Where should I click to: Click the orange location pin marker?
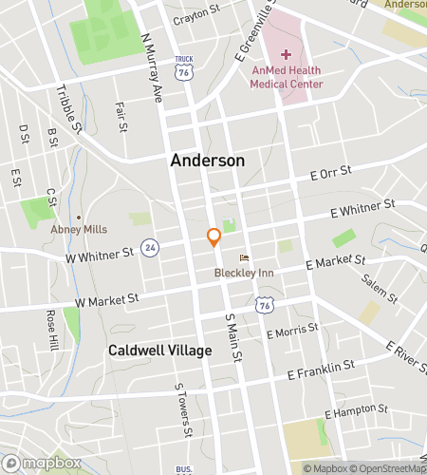click(214, 237)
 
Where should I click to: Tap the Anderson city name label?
click(207, 161)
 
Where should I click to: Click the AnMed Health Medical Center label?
click(287, 77)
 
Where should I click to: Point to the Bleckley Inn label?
click(244, 273)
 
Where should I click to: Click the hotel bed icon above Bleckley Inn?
click(244, 257)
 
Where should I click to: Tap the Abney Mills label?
click(93, 229)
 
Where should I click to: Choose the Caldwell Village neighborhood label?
click(159, 351)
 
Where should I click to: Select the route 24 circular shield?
click(149, 248)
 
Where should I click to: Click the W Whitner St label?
click(99, 255)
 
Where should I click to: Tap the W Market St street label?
click(107, 299)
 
